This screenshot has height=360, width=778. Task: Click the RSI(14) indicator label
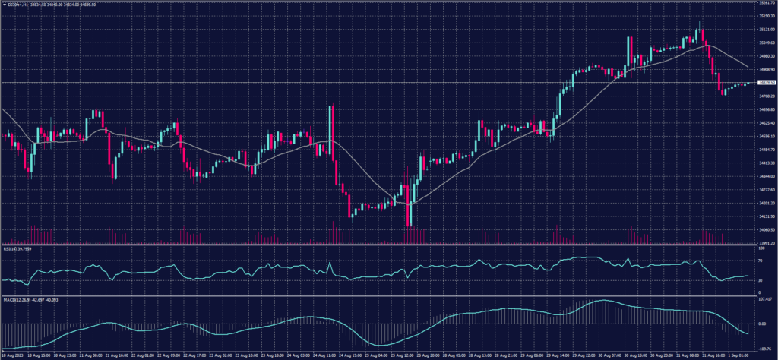click(x=17, y=248)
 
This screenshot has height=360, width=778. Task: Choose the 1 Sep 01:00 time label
click(x=738, y=355)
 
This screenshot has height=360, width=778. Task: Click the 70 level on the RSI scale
click(x=761, y=261)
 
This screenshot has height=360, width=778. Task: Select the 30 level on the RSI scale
click(x=761, y=281)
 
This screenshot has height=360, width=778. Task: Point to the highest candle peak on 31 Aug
click(x=698, y=25)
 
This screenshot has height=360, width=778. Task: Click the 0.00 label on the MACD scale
click(x=763, y=324)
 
